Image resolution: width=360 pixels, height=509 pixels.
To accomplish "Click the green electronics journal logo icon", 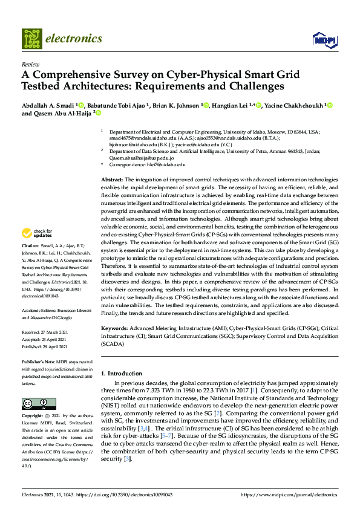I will (32, 39).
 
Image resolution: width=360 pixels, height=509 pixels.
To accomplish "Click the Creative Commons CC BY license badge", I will (35, 403).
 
